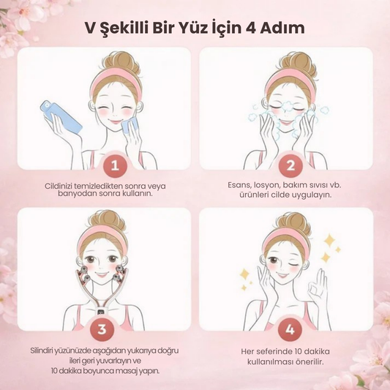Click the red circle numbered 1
[x=115, y=165]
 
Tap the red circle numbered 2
[x=290, y=165]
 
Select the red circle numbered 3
[x=102, y=329]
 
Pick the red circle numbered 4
[x=290, y=329]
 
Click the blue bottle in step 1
[x=61, y=116]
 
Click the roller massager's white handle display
[x=102, y=311]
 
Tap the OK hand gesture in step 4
[x=318, y=286]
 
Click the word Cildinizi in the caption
[x=59, y=186]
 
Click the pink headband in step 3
[x=102, y=236]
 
